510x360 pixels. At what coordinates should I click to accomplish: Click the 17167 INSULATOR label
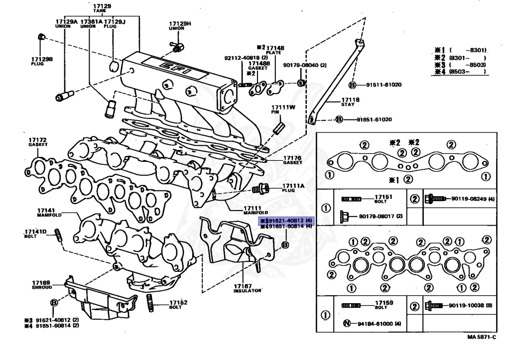coord(248,288)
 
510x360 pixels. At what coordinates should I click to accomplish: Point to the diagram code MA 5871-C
coord(481,337)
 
